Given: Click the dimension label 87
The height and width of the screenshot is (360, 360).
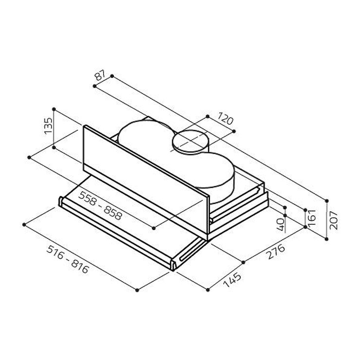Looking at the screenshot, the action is pos(100,75).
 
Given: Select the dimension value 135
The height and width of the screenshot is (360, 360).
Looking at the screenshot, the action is pos(48,126).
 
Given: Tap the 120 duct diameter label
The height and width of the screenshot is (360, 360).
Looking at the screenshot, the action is pos(225,118).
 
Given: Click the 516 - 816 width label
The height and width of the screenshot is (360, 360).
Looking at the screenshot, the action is pos(68,259).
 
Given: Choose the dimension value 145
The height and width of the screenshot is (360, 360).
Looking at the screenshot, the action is pos(233,280).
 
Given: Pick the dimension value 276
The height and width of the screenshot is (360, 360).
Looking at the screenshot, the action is pos(276,252).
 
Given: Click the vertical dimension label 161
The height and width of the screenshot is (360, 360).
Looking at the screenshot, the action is pos(312,217).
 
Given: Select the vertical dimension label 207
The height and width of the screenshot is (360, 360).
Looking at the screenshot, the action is pos(333,220).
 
